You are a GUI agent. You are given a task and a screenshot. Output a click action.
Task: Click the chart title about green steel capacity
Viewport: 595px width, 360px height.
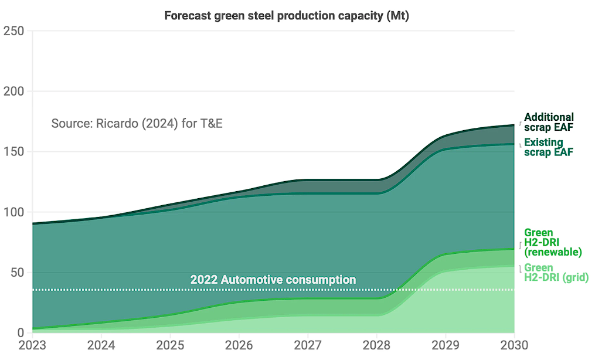tap(287, 16)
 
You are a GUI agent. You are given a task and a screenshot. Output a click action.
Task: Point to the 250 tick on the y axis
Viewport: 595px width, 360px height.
tap(13, 30)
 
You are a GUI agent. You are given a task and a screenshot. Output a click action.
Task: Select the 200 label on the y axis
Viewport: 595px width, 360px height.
tap(13, 91)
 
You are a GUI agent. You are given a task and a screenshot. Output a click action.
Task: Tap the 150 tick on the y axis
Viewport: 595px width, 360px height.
tap(13, 151)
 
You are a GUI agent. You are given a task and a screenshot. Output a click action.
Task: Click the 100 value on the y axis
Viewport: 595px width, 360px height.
tap(13, 212)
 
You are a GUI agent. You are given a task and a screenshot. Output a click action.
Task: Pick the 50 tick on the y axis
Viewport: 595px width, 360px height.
tap(17, 273)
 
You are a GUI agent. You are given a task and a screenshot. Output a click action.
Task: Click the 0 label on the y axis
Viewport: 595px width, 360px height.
tap(21, 332)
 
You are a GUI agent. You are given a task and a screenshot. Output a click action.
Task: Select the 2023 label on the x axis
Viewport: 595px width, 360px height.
tap(32, 345)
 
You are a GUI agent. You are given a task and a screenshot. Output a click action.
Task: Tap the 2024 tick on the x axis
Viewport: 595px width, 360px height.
tap(101, 345)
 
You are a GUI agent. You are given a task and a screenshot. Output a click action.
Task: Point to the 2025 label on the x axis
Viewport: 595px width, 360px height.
tap(170, 345)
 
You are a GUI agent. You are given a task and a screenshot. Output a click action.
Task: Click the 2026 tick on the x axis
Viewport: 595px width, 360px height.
tap(239, 345)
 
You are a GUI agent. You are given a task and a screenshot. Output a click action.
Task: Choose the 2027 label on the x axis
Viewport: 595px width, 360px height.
tap(308, 345)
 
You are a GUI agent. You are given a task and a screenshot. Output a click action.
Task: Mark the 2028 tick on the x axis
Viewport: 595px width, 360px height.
tap(376, 345)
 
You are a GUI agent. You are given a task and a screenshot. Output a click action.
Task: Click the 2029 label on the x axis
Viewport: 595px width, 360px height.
tap(446, 345)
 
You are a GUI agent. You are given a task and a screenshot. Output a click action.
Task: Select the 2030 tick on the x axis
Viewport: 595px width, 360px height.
tap(514, 345)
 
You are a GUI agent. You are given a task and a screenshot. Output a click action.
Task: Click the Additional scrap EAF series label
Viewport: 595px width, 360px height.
tap(549, 122)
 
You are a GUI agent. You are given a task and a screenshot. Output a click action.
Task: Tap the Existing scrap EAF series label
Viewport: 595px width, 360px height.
tap(548, 147)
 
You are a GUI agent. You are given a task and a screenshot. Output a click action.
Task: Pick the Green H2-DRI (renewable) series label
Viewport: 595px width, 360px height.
tap(553, 242)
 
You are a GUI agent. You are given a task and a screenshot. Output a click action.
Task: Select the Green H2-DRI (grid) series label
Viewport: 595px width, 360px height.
tap(556, 273)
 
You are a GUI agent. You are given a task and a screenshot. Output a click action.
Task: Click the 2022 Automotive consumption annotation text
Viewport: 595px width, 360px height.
tap(273, 280)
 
